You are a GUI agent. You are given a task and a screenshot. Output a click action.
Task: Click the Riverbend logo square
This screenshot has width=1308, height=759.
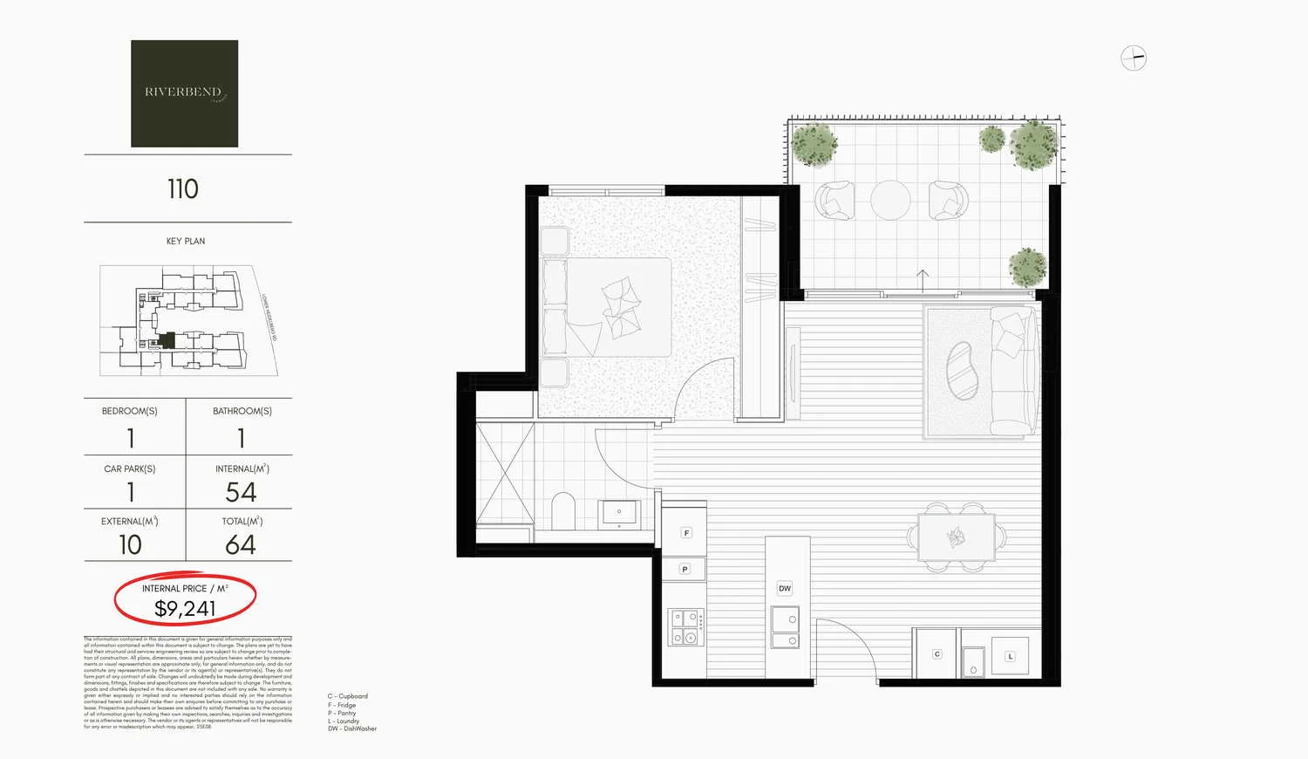(x=184, y=93)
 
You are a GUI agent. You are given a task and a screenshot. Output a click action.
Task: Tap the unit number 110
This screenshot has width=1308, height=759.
(x=183, y=189)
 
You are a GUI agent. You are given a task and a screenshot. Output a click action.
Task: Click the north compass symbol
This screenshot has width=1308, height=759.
(x=1133, y=58)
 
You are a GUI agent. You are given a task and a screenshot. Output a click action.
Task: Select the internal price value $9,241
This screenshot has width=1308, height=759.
(x=185, y=609)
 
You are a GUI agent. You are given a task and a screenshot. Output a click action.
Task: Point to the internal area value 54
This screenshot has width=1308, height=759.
(x=241, y=493)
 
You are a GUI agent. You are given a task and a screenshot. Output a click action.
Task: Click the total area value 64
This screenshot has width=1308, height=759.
(x=241, y=545)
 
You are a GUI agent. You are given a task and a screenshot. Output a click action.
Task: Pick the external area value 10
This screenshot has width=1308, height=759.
(x=130, y=545)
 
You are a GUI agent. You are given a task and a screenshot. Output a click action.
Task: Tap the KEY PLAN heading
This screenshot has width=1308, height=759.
(x=186, y=242)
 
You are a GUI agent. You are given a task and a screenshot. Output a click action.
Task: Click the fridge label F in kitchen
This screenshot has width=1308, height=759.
(x=686, y=533)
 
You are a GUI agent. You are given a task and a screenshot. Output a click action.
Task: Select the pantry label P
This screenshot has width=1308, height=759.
(x=685, y=570)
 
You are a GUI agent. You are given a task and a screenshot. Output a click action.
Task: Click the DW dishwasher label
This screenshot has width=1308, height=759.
(x=785, y=589)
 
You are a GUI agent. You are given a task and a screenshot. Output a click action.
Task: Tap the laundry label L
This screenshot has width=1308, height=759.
(x=1010, y=656)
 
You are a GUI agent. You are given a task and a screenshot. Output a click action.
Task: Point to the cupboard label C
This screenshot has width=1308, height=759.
(x=937, y=653)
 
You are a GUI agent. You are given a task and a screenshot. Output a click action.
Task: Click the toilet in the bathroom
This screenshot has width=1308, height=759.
(x=564, y=512)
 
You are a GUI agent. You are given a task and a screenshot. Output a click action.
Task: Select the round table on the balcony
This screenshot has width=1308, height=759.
(x=890, y=201)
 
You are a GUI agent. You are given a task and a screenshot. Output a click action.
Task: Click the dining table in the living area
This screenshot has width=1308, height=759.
(x=956, y=537)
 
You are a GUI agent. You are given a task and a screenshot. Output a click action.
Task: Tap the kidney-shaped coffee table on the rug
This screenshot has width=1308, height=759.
(x=962, y=370)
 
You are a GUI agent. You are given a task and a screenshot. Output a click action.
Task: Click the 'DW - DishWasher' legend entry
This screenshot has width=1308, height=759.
(x=352, y=728)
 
